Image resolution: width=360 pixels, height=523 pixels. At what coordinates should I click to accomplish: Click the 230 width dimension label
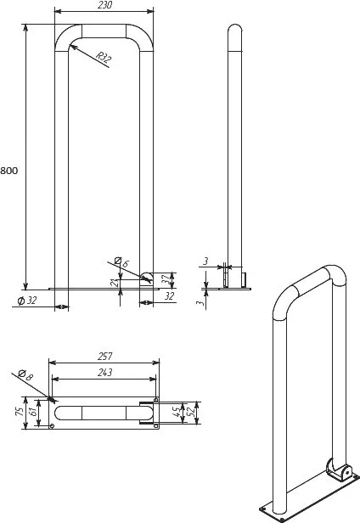tap(105, 5)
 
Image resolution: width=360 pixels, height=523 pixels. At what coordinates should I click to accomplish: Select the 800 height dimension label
tap(9, 171)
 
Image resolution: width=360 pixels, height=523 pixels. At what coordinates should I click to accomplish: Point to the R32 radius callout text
tap(104, 57)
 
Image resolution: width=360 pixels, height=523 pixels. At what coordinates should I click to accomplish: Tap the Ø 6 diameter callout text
tap(121, 262)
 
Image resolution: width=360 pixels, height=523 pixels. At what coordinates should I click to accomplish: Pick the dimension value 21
tap(115, 283)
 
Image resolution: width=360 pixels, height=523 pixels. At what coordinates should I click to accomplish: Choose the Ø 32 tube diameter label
tap(26, 301)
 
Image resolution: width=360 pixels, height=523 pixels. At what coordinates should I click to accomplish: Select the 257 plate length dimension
tap(104, 357)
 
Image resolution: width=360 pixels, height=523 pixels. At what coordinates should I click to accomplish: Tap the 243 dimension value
tap(104, 372)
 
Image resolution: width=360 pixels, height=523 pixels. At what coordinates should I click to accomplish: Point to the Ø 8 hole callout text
tap(25, 375)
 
